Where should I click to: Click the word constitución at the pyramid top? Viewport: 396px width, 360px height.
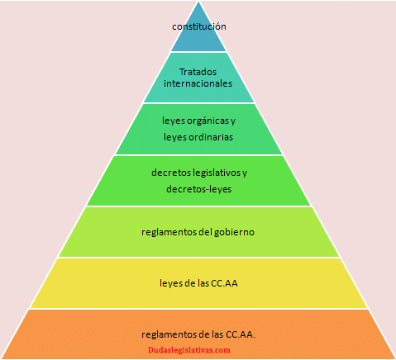point(199,26)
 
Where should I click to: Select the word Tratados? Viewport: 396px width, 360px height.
point(198,72)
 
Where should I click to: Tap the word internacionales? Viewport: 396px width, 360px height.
point(198,83)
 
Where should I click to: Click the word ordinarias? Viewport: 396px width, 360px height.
point(211,137)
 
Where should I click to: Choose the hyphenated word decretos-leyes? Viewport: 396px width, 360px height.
point(198,189)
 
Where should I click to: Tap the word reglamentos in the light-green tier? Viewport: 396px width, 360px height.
point(169,232)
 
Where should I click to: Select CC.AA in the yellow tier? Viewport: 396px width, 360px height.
point(224,283)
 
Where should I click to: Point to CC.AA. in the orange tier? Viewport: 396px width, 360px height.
point(241,334)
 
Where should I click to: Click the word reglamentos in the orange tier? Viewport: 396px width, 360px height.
point(169,334)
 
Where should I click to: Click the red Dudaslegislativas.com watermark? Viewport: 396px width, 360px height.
point(189,350)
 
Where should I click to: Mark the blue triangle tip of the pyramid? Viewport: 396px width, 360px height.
point(198,2)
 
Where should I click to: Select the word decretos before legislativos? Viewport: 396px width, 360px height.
point(171,173)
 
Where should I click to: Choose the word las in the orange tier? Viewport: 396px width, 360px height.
point(217,334)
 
